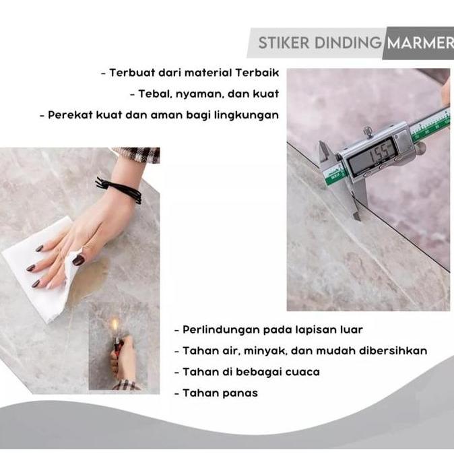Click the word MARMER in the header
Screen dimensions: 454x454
(418, 44)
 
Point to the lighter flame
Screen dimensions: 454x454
(115, 325)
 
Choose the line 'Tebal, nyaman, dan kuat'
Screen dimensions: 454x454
(209, 94)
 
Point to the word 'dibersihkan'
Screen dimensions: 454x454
(393, 351)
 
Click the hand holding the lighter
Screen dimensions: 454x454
(123, 360)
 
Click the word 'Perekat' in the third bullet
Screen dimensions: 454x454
(69, 115)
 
